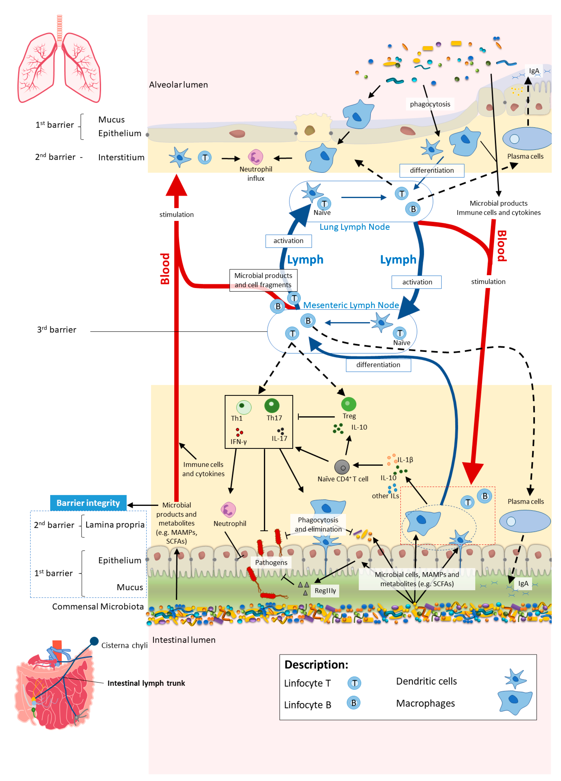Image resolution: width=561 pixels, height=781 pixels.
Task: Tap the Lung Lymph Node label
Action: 355,227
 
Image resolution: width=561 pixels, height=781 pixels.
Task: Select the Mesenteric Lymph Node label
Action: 351,305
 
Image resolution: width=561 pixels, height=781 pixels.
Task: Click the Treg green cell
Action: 348,404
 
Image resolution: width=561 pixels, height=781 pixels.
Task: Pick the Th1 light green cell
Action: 243,407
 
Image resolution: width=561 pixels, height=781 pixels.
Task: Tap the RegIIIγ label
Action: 325,591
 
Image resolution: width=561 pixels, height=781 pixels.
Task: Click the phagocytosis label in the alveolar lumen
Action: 430,104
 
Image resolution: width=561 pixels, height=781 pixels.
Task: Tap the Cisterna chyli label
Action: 124,645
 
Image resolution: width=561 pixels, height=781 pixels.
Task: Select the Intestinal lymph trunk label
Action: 146,683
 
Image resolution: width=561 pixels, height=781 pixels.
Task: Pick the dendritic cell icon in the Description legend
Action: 515,678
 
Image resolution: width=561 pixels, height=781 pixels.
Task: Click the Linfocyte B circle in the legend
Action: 353,703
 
